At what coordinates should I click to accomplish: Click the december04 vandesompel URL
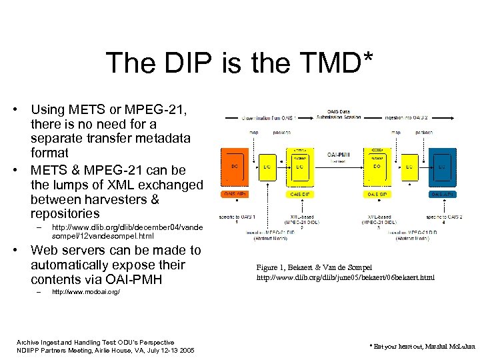point(127,231)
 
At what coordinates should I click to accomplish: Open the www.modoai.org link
point(85,292)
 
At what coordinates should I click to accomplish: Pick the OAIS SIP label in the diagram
point(377,194)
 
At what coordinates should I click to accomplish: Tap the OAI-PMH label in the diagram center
point(339,155)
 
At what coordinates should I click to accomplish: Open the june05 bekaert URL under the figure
point(345,277)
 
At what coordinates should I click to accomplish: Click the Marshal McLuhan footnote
point(419,347)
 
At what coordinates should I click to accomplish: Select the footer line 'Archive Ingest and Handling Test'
point(95,342)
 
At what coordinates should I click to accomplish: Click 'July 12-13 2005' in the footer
point(169,351)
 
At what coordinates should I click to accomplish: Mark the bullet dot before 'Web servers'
point(21,251)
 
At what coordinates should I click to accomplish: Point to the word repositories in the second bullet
point(65,214)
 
